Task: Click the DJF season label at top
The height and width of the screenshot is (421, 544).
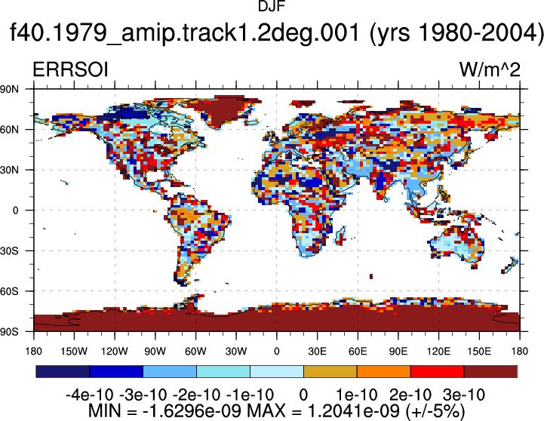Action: [x=272, y=6]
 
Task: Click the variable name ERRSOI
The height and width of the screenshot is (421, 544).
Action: [x=70, y=69]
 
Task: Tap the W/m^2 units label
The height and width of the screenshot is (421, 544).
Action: [x=490, y=69]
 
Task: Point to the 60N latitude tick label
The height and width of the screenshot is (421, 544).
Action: [x=10, y=130]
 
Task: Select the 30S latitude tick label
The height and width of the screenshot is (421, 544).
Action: [x=9, y=250]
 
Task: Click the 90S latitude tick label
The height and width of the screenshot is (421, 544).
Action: [x=10, y=331]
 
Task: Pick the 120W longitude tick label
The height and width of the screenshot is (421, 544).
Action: [x=115, y=352]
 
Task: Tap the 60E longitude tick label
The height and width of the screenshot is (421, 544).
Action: [x=358, y=352]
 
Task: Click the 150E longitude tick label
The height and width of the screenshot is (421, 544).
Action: [x=479, y=352]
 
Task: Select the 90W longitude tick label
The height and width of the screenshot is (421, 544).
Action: [x=155, y=352]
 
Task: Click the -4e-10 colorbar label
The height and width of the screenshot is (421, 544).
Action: [x=90, y=395]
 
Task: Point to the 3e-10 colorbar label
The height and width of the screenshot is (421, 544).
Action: [x=464, y=395]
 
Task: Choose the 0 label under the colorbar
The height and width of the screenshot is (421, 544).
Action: [x=303, y=395]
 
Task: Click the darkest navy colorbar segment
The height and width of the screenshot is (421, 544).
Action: [x=63, y=371]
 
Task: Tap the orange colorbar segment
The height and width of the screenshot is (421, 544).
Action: [x=384, y=371]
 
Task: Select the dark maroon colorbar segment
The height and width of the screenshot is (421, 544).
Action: [x=490, y=371]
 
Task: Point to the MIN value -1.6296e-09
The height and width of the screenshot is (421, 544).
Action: [x=192, y=411]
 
